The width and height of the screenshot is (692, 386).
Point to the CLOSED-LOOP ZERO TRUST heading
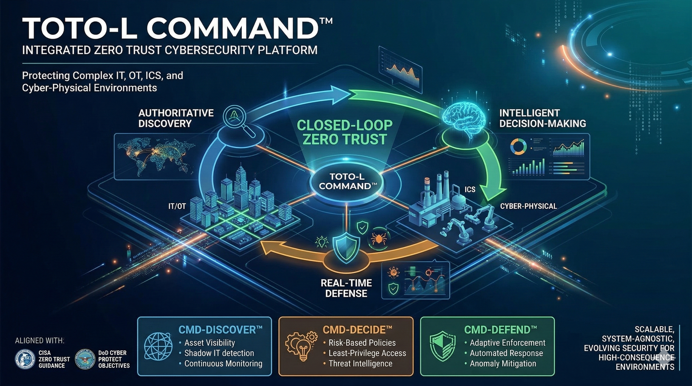tap(345, 132)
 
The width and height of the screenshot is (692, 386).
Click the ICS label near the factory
tap(470, 190)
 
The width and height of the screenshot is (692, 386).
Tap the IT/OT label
tap(177, 206)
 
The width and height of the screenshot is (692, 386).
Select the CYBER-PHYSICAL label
tap(528, 206)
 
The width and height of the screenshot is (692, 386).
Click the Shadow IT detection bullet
tap(219, 353)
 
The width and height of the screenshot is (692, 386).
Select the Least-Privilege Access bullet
tap(367, 353)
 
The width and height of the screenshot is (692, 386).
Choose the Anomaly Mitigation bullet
tap(503, 364)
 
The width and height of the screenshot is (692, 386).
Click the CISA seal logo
tap(25, 359)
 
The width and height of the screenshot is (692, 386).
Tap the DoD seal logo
tap(85, 359)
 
